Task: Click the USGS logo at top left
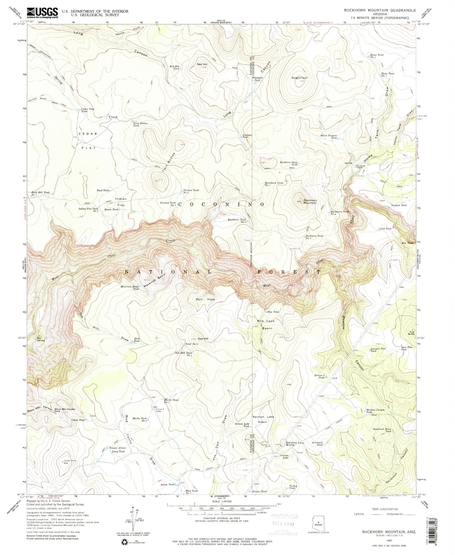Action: click(x=43, y=13)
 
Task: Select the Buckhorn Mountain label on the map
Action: click(x=310, y=201)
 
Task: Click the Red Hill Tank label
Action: click(x=174, y=68)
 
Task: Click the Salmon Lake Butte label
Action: click(x=295, y=444)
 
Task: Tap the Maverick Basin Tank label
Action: click(x=129, y=287)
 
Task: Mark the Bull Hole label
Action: click(x=205, y=299)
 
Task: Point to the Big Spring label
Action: click(x=41, y=339)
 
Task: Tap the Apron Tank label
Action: click(x=167, y=484)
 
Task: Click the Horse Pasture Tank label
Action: click(x=328, y=137)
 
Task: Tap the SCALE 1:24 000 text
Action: click(x=222, y=501)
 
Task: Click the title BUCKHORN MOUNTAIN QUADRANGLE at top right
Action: click(x=380, y=10)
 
